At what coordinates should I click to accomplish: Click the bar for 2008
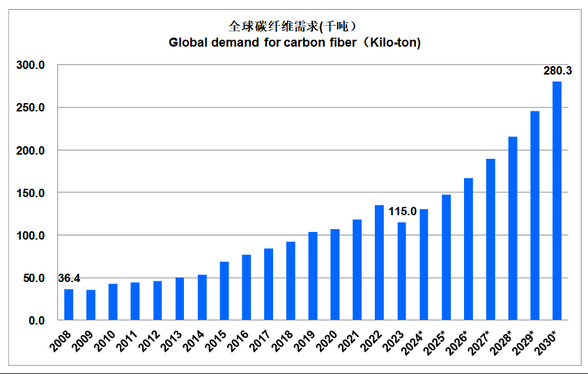coord(68,304)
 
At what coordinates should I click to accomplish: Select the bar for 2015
coord(224,290)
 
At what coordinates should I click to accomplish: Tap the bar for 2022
coord(379,263)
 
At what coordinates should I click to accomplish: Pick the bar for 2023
coord(401,271)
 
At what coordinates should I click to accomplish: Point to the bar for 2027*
coord(490,240)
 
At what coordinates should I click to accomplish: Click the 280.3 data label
coord(557,71)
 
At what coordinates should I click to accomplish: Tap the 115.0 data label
coord(402,211)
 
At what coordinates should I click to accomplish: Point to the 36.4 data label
coord(68,279)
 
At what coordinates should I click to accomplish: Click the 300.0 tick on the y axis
coord(31,65)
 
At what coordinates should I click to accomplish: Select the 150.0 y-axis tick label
coord(31,193)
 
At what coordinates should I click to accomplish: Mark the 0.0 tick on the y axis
coord(37,320)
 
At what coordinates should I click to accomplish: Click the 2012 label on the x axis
coord(153,339)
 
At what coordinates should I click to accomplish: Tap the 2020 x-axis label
coord(330,339)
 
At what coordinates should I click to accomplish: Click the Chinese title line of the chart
coord(293,26)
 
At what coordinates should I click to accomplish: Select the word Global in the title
coord(188,42)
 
